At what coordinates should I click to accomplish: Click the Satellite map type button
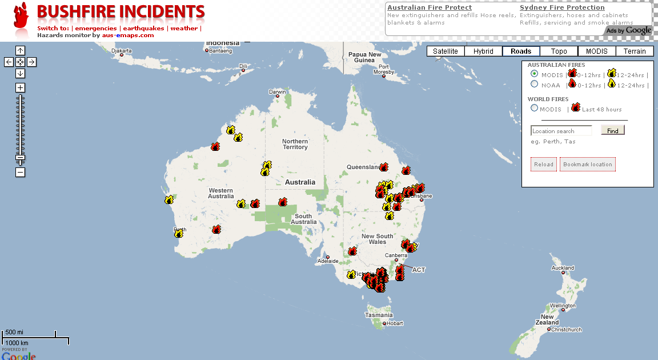tap(445, 51)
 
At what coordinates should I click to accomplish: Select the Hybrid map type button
tap(483, 51)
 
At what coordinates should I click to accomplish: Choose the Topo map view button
tap(559, 51)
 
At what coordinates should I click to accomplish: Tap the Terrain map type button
tap(635, 51)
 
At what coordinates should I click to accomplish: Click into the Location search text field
tap(561, 131)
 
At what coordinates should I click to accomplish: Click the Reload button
tap(544, 165)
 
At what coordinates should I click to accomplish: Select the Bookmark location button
tap(588, 165)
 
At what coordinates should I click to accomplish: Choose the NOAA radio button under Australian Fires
tap(534, 84)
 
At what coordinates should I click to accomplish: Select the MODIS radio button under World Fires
tap(534, 108)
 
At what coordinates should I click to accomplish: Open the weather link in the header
tap(184, 28)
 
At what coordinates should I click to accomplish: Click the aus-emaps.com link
tap(128, 35)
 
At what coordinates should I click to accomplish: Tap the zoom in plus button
tap(20, 87)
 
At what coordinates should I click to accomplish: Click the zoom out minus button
tap(20, 172)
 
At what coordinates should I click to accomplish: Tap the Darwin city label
tap(278, 91)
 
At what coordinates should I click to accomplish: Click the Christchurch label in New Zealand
tap(567, 330)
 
